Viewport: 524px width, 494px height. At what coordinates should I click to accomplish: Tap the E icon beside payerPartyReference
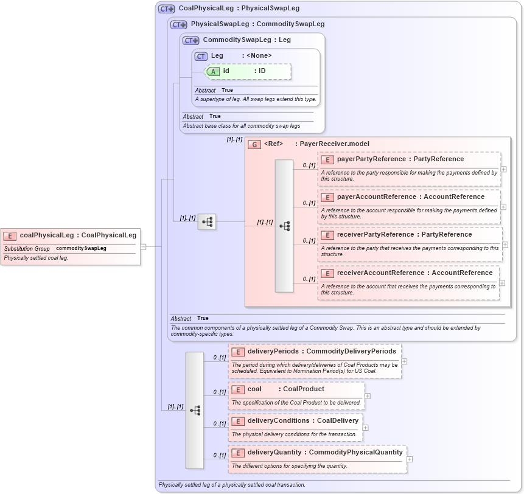(327, 159)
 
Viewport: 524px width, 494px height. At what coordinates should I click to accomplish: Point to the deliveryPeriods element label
(273, 352)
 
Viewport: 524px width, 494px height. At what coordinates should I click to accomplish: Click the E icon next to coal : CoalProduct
(238, 389)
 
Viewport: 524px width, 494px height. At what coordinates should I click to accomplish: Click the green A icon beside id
(213, 71)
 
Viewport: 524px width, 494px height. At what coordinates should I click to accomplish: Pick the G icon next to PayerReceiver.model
(254, 144)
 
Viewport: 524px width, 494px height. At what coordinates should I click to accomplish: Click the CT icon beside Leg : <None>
(201, 56)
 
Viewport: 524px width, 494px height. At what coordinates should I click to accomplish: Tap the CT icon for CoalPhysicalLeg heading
(166, 9)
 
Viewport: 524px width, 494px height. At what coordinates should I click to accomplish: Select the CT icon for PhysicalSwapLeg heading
(179, 25)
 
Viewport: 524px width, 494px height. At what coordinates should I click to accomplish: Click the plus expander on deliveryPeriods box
(404, 361)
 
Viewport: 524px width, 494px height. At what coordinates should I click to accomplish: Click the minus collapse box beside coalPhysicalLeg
(143, 247)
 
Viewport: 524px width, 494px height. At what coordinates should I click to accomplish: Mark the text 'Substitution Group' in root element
(27, 249)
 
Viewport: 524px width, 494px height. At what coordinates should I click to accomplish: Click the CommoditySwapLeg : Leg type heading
(246, 40)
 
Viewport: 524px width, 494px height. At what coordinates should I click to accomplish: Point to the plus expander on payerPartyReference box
(503, 169)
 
